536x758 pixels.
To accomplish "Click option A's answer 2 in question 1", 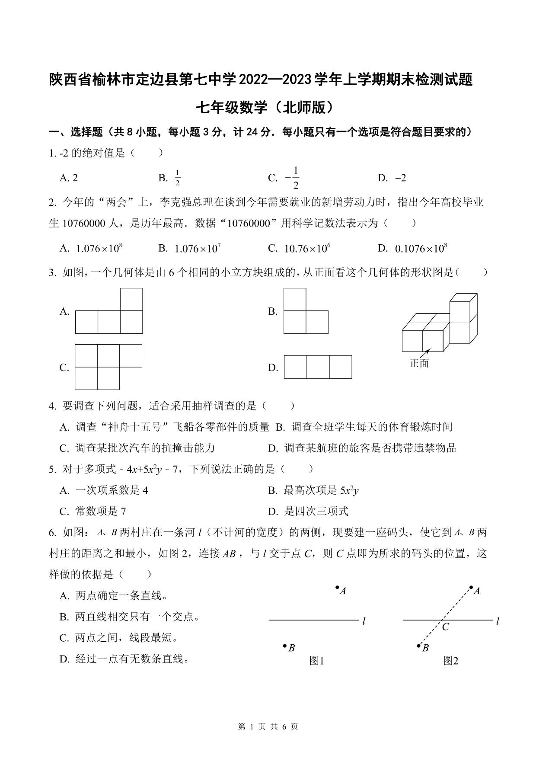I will click(x=75, y=178).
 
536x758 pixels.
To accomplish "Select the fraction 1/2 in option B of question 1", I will click(x=178, y=178).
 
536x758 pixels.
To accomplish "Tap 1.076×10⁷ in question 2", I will click(x=198, y=248).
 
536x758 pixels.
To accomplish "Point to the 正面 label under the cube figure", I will click(x=419, y=363).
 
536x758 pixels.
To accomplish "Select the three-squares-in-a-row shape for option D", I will click(x=318, y=367).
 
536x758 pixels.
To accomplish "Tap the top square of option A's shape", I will click(x=131, y=299).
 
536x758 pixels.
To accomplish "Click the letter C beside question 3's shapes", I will click(x=64, y=368).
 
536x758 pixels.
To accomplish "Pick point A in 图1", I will click(x=337, y=587).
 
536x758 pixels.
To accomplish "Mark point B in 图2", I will click(x=418, y=646).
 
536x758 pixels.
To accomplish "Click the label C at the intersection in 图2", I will click(x=446, y=627).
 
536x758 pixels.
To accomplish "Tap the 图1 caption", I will click(x=317, y=661).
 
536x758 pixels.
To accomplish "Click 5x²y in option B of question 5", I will click(x=349, y=490).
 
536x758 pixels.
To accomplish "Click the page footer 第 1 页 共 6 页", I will click(x=268, y=726).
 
